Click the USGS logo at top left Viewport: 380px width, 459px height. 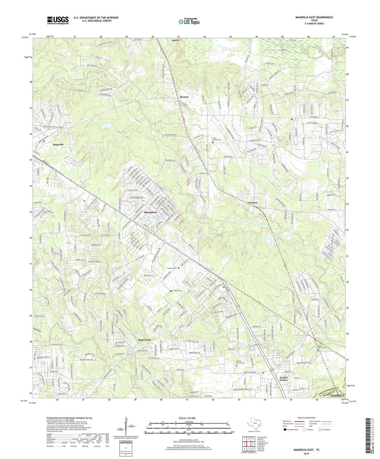pyautogui.click(x=58, y=20)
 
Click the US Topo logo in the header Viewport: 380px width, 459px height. pyautogui.click(x=189, y=22)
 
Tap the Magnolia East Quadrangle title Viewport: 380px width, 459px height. pyautogui.click(x=314, y=17)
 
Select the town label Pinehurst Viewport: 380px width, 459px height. pyautogui.click(x=150, y=212)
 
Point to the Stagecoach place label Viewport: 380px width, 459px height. pyautogui.click(x=144, y=340)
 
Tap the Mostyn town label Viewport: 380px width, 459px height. pyautogui.click(x=184, y=97)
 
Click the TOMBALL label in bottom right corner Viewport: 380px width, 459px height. pyautogui.click(x=337, y=396)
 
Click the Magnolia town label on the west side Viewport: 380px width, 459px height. pyautogui.click(x=58, y=145)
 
